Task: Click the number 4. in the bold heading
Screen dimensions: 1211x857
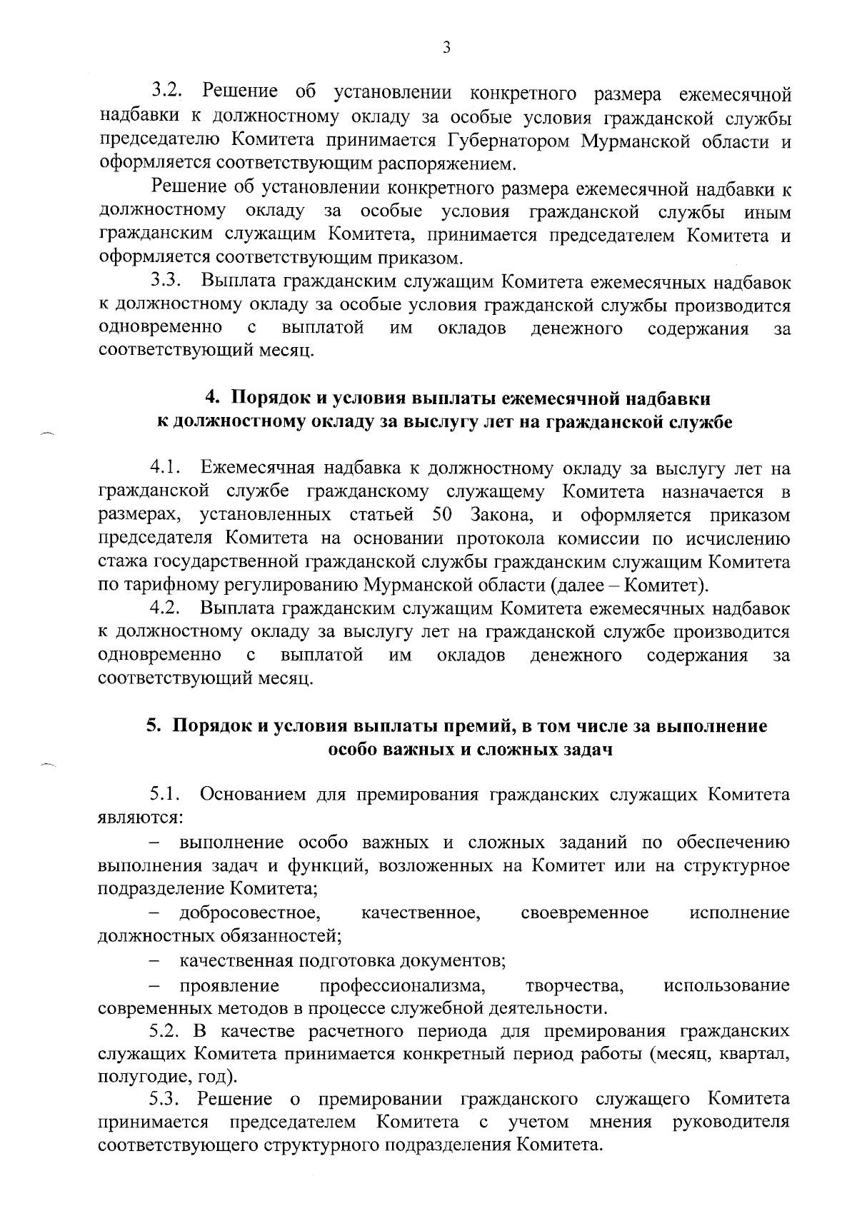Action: click(x=212, y=397)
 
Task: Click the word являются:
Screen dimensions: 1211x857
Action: click(x=131, y=818)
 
